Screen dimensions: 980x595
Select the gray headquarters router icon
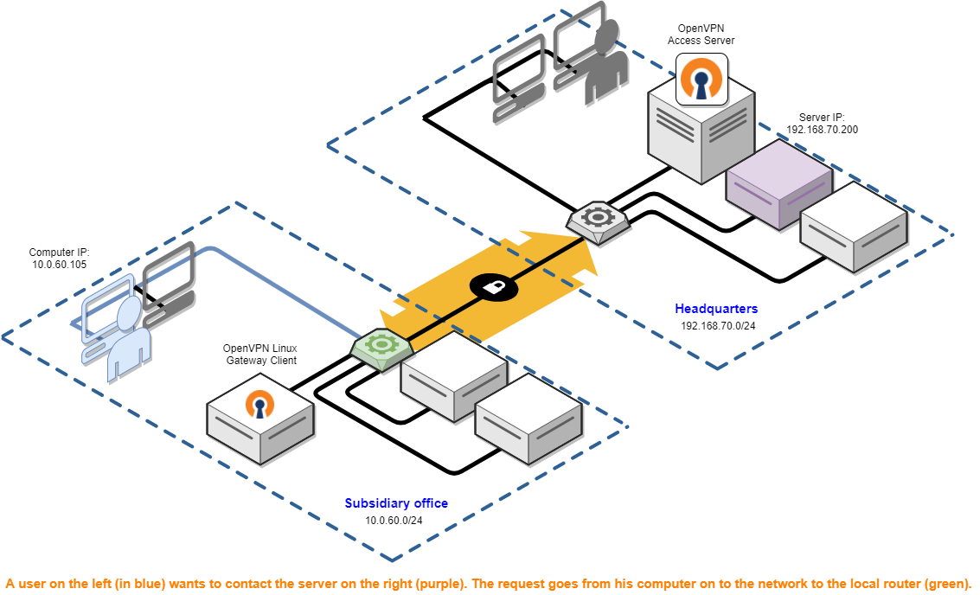click(598, 219)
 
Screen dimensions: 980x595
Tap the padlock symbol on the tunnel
click(494, 286)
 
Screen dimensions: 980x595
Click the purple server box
click(778, 184)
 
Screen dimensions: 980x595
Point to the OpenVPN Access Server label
click(701, 35)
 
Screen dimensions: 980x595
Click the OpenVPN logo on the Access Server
click(701, 79)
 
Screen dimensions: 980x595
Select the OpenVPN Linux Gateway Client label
click(259, 354)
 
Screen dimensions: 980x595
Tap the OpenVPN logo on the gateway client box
click(259, 405)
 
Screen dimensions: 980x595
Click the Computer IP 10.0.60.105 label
click(59, 258)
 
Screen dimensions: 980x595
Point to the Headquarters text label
click(716, 309)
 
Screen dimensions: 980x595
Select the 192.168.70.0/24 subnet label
click(718, 326)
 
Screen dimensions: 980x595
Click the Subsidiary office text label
click(396, 503)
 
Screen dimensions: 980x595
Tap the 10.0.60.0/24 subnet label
click(394, 521)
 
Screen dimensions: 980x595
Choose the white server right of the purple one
click(853, 227)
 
